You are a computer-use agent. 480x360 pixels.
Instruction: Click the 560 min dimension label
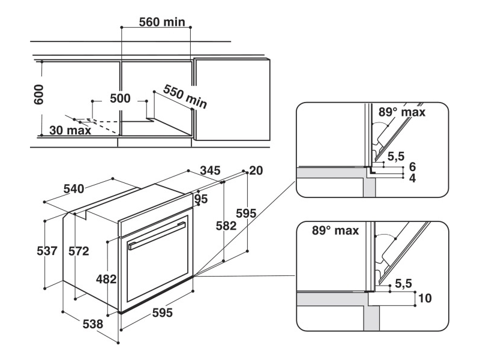[162, 22]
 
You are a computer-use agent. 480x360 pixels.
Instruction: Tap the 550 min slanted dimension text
[185, 97]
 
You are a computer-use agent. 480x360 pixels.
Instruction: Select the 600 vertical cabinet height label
[39, 95]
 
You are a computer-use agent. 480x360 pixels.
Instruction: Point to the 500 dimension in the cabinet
[121, 98]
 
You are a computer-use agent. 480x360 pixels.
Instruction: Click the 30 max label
[70, 130]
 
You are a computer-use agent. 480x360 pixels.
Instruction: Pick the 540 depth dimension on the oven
[74, 189]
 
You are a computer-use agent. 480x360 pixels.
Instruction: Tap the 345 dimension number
[210, 170]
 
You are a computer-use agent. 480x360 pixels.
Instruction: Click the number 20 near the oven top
[256, 170]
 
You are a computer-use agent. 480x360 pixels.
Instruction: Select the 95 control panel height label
[201, 199]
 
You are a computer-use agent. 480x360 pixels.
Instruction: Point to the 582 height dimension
[226, 226]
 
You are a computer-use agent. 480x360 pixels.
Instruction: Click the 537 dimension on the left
[47, 251]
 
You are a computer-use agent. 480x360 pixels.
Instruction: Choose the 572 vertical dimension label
[79, 251]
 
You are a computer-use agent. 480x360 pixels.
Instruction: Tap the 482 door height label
[106, 279]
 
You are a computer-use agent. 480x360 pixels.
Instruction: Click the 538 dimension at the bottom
[93, 324]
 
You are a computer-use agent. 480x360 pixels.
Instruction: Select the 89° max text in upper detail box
[402, 112]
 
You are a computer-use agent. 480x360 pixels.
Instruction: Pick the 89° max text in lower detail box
[335, 230]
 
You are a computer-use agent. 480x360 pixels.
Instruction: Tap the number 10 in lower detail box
[425, 298]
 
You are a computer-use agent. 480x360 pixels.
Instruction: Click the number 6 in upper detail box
[412, 167]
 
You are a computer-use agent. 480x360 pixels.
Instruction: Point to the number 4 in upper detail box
[412, 178]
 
